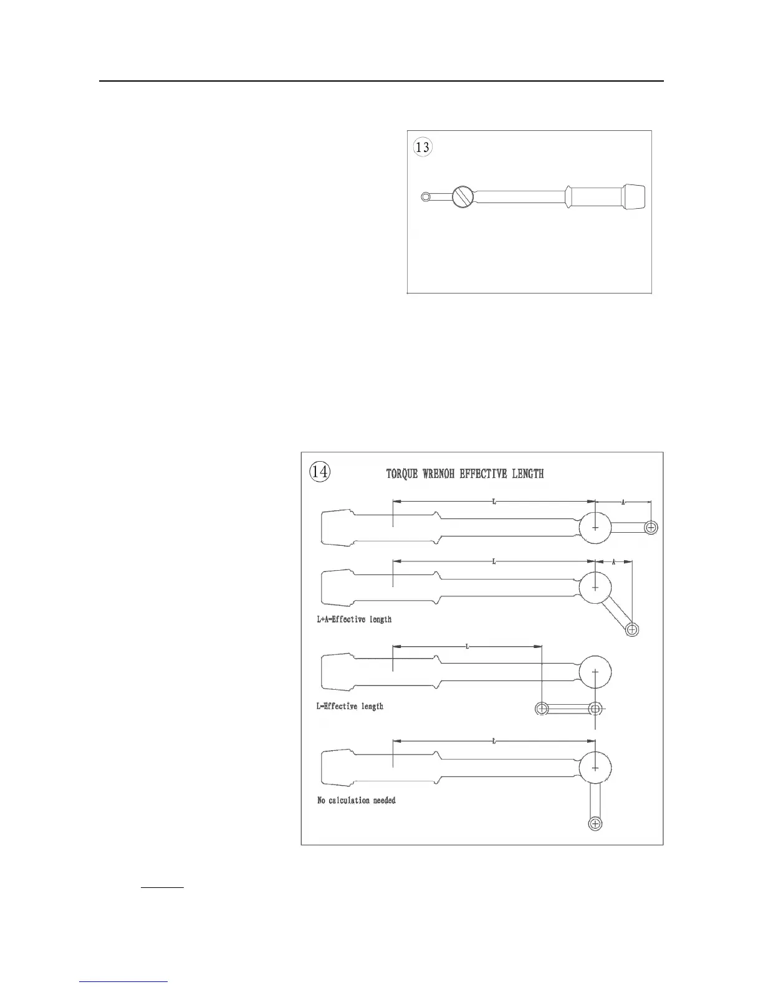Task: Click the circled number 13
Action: pos(423,148)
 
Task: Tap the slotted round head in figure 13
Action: pos(462,198)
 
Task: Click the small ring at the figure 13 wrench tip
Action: pos(425,198)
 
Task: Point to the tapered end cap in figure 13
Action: pos(634,198)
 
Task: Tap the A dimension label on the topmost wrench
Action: pos(623,503)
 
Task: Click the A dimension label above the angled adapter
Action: pos(613,562)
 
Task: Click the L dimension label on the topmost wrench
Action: pos(494,502)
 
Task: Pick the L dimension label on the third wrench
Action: pos(468,647)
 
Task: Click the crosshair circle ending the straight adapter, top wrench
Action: pos(651,528)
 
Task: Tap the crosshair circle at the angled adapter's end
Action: pos(632,629)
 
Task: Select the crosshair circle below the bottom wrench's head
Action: pos(595,824)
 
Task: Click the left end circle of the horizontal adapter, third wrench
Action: pos(542,708)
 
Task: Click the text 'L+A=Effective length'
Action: pos(354,619)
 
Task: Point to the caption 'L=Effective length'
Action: pos(350,706)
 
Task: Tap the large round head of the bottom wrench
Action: pos(595,767)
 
